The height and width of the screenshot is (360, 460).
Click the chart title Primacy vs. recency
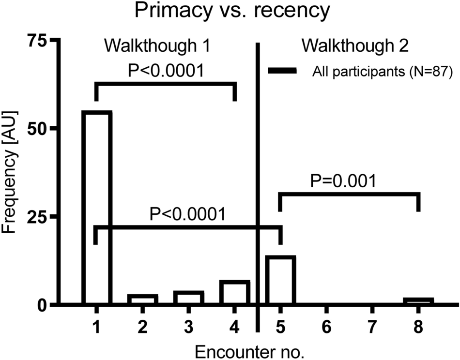[230, 11]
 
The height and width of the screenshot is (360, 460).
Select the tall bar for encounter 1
[96, 208]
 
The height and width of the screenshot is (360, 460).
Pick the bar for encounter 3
[188, 298]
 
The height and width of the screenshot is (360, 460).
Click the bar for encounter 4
[234, 293]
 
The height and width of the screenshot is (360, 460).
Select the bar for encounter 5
[280, 280]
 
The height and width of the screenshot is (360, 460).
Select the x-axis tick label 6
[326, 328]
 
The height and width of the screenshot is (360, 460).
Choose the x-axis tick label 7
[372, 328]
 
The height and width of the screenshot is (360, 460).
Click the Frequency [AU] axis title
[11, 172]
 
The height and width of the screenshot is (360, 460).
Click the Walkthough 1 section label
[159, 47]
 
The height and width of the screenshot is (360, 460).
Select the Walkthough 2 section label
[355, 47]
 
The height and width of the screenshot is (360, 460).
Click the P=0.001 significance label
[343, 180]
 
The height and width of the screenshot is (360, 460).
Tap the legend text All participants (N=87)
[382, 72]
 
